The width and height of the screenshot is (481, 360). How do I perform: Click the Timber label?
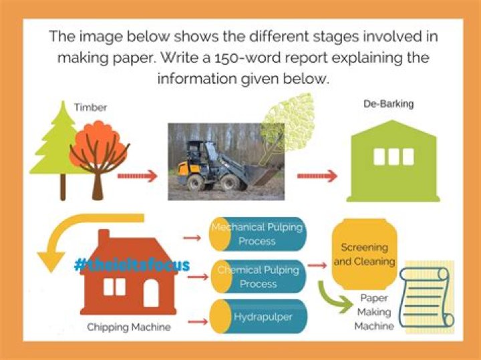(x=91, y=107)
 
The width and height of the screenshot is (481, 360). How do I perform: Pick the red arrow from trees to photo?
(x=138, y=177)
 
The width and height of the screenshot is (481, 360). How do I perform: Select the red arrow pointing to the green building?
(x=317, y=176)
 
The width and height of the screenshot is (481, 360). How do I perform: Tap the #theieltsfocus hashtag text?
(x=132, y=265)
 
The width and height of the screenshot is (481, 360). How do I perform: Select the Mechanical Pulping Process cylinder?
(x=257, y=234)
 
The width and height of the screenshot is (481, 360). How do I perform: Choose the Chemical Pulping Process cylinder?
(x=258, y=277)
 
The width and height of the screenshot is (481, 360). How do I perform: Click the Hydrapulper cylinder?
(x=258, y=317)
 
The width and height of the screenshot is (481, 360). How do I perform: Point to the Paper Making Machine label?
(x=373, y=312)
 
